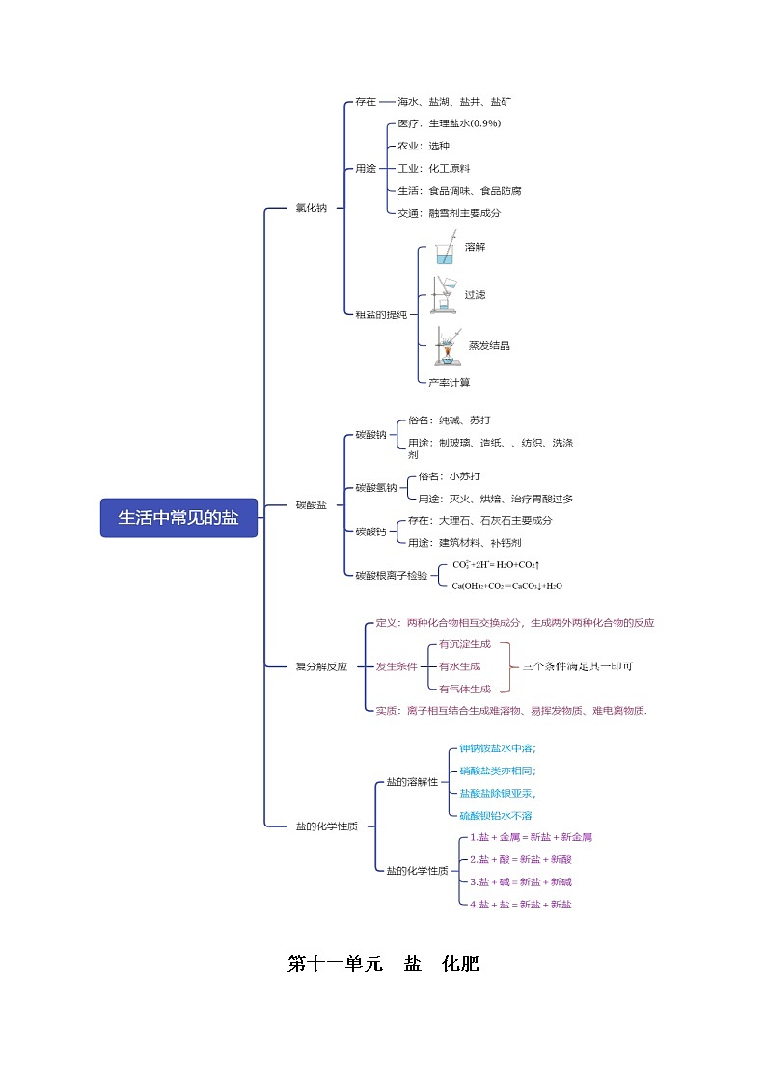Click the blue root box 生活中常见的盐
click(x=178, y=518)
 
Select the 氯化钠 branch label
click(x=311, y=207)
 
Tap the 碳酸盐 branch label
click(x=311, y=504)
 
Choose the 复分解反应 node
click(x=321, y=665)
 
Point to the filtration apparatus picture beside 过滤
click(x=443, y=294)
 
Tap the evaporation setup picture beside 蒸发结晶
click(x=446, y=346)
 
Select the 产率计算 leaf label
click(x=450, y=383)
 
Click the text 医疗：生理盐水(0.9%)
click(x=449, y=123)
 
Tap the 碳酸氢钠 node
click(x=376, y=487)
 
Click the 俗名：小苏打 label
click(x=449, y=476)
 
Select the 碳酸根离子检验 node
click(x=391, y=575)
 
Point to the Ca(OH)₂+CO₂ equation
click(x=506, y=585)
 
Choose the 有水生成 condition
click(x=459, y=665)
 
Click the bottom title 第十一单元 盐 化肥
click(x=383, y=963)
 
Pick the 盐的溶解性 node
click(x=412, y=781)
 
